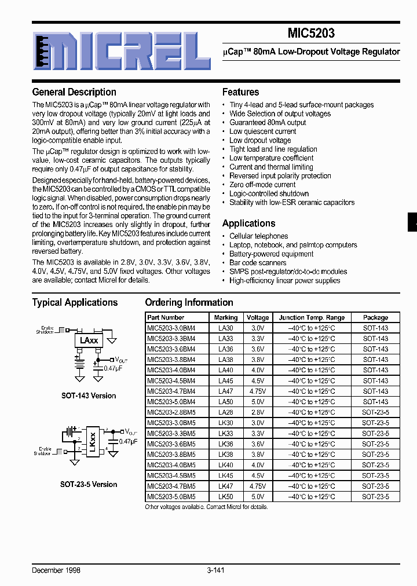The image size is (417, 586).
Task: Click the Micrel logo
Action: point(121,50)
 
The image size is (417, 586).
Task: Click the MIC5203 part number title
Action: point(311,34)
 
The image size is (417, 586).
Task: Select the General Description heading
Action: point(74,92)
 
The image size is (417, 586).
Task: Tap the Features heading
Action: point(240,92)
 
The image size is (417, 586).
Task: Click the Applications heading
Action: point(248,224)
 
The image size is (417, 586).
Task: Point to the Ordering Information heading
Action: point(189,302)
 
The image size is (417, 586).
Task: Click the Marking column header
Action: point(225,317)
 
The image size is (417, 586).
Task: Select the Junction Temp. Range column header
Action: point(312,317)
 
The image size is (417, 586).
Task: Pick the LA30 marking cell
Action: point(225,328)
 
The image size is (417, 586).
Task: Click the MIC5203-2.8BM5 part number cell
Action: point(171,412)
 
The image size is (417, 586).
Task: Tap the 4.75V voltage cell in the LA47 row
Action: point(258,391)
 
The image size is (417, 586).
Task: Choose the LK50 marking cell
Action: point(225,496)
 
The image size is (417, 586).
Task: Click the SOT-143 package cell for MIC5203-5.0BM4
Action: point(375,402)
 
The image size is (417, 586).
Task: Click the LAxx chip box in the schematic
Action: point(89,342)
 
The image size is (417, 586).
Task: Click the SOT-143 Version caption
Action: point(89,396)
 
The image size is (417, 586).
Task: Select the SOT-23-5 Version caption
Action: point(89,484)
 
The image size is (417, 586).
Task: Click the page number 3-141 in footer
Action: point(215,570)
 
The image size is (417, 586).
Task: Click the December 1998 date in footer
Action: point(56,570)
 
